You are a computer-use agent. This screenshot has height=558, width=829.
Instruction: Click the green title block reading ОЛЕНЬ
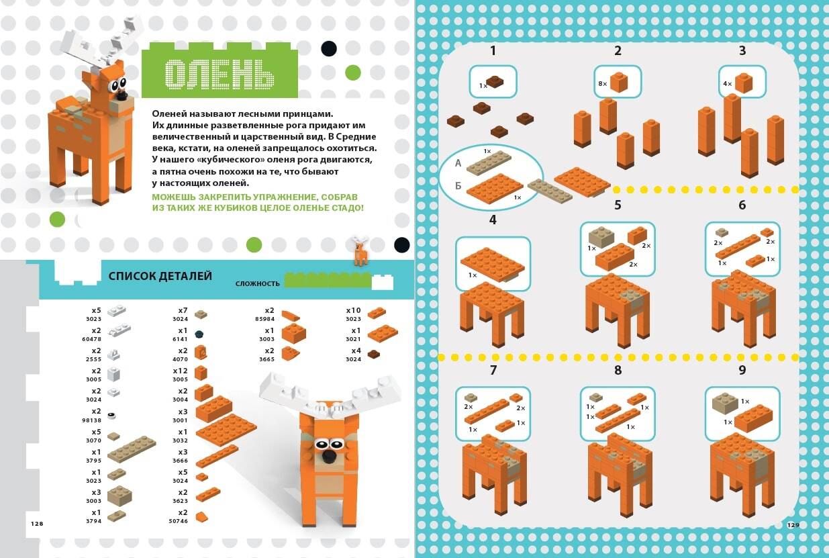(220, 71)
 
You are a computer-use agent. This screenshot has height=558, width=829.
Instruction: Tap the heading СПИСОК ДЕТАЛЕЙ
(160, 276)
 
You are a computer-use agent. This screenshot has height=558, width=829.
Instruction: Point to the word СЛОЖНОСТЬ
(257, 283)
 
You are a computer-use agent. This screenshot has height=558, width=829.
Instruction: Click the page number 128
(37, 524)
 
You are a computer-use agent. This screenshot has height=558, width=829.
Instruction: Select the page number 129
(793, 525)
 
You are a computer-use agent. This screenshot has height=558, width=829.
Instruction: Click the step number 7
(493, 370)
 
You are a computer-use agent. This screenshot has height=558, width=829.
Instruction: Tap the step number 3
(742, 51)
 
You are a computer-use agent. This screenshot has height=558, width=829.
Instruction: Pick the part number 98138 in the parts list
(91, 420)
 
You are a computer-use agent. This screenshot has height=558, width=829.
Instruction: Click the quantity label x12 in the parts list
(181, 371)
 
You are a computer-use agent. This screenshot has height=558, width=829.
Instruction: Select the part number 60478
(91, 339)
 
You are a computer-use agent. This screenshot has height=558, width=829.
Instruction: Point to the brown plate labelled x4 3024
(374, 355)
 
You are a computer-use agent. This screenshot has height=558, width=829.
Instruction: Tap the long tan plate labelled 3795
(132, 449)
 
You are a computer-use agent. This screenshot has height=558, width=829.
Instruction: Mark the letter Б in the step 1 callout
(458, 185)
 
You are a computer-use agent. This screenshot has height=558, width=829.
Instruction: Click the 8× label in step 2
(603, 84)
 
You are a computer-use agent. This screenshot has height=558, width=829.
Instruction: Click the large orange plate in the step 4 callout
(493, 265)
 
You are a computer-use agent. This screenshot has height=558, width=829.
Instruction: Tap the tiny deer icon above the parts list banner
(360, 250)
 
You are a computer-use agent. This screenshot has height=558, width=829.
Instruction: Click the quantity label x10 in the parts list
(354, 310)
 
